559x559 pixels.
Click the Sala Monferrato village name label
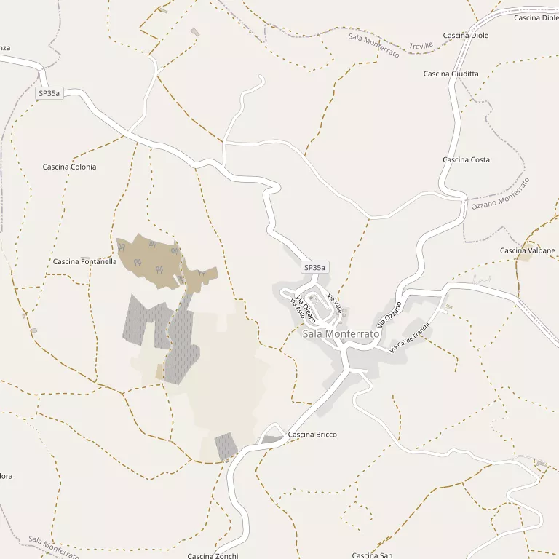click(x=341, y=333)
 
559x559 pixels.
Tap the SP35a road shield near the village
click(x=314, y=268)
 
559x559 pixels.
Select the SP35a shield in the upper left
click(x=49, y=93)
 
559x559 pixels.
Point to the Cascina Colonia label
click(x=69, y=167)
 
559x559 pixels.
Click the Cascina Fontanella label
click(x=84, y=261)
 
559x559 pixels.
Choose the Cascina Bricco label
click(x=312, y=435)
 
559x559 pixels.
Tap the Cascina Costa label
click(x=466, y=159)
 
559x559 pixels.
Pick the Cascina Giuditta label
click(x=451, y=74)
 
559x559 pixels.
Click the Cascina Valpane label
click(x=528, y=250)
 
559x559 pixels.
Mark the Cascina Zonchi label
click(x=213, y=556)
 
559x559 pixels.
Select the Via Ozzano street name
click(x=389, y=314)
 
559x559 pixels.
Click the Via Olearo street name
click(x=305, y=311)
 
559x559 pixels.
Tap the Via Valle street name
click(x=334, y=303)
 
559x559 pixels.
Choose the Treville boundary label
click(x=421, y=45)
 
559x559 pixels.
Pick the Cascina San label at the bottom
click(x=372, y=555)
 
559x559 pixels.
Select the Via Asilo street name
click(x=296, y=309)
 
